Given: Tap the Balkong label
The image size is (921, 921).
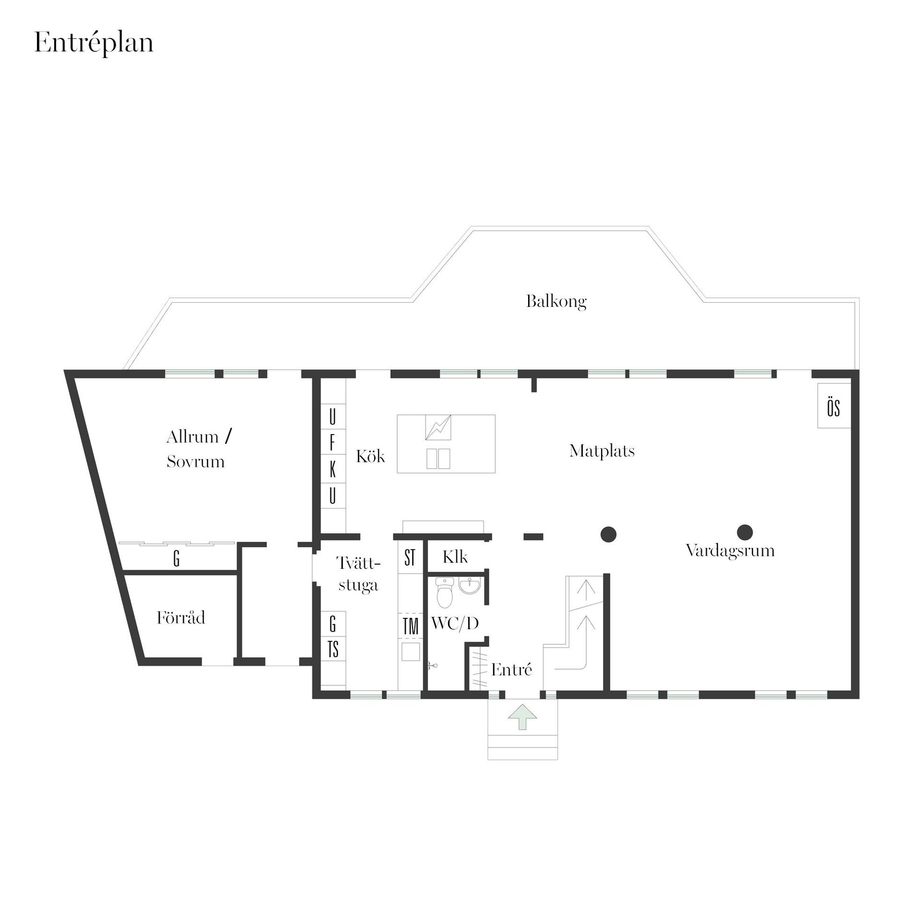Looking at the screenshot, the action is [x=556, y=302].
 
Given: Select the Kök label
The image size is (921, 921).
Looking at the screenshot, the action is [x=370, y=456].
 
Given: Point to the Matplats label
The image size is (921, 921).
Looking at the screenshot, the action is [x=602, y=451].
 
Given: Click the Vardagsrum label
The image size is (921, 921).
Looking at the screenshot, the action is [x=730, y=550].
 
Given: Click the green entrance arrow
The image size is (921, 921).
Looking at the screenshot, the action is [x=523, y=716].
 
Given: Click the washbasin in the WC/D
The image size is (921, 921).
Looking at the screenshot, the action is [x=469, y=585].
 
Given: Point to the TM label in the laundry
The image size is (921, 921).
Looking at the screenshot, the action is [x=411, y=627].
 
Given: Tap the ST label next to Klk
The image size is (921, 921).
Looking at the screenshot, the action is [x=410, y=558].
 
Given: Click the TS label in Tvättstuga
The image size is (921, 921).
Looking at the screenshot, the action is [x=333, y=649].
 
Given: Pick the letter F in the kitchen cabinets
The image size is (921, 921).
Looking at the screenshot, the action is [x=332, y=444].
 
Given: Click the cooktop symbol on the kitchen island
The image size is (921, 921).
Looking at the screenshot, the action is [x=438, y=427].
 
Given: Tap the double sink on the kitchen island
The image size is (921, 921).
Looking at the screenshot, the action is [x=438, y=459].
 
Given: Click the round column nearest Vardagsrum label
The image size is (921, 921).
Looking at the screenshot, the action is [x=744, y=531].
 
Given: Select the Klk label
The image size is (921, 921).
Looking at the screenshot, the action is [x=455, y=557].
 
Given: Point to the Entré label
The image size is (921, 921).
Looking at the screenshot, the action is [x=511, y=669].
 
